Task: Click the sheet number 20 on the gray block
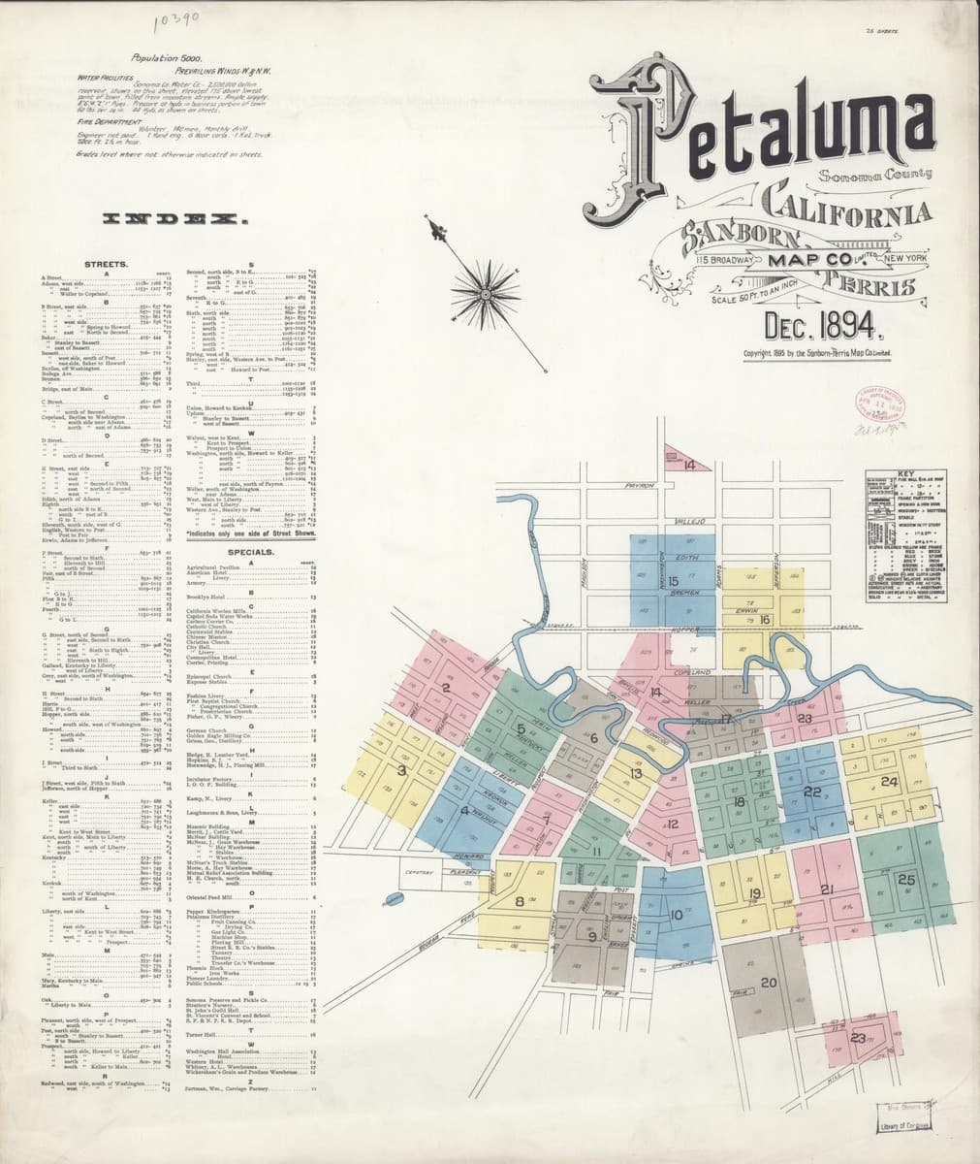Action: (769, 983)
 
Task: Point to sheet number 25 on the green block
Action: (907, 880)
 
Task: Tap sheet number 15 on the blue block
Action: (673, 581)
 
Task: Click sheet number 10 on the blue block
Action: (676, 914)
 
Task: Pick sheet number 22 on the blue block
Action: (812, 792)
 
